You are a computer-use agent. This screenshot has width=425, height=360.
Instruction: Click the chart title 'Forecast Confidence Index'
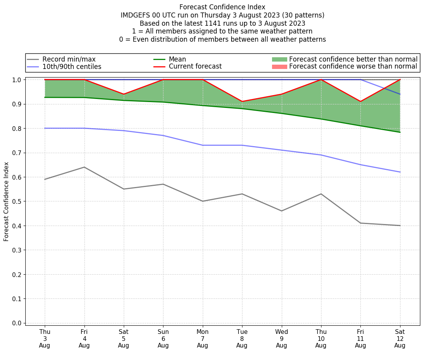click(222, 7)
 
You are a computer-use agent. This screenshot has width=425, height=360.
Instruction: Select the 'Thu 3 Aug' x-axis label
click(45, 338)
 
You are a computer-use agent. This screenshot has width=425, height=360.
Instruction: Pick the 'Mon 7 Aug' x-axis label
click(202, 338)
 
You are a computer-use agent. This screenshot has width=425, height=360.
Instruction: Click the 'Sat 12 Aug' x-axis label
click(400, 338)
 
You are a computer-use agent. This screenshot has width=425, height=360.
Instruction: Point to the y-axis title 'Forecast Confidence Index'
click(7, 202)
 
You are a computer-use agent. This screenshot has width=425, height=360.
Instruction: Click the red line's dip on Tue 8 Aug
click(242, 102)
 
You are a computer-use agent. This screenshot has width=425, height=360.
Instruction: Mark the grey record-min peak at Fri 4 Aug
click(84, 167)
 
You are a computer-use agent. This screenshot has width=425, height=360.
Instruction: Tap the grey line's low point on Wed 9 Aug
click(281, 211)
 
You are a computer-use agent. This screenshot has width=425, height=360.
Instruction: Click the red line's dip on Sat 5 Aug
click(124, 94)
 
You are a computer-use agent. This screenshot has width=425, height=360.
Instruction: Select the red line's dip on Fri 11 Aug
click(360, 102)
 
